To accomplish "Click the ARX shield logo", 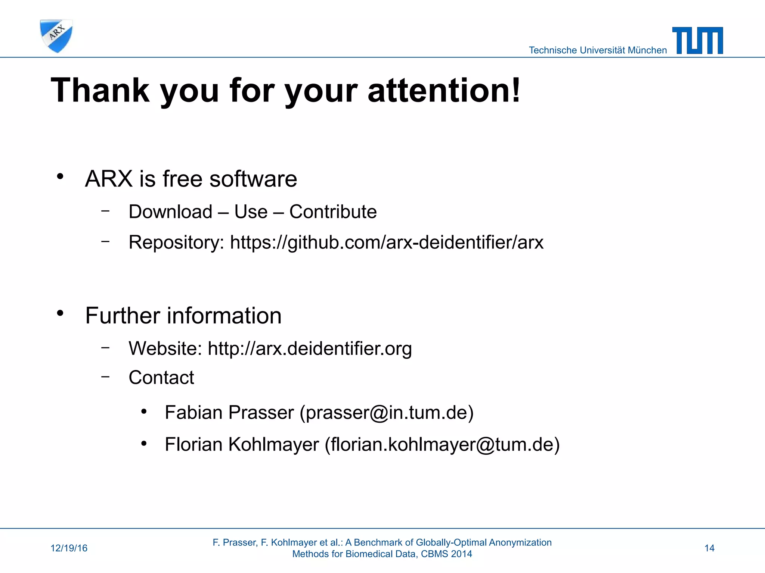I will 56,36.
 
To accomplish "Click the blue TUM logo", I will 697,40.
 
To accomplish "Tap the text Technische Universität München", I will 598,50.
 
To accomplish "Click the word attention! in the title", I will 444,90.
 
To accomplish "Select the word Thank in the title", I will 100,90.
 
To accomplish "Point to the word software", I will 253,179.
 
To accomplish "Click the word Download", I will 170,212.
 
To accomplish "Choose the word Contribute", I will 333,212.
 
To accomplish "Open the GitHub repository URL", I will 387,242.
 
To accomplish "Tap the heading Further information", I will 183,316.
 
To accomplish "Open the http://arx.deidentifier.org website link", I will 310,348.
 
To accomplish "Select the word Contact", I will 161,378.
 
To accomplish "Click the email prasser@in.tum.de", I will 387,413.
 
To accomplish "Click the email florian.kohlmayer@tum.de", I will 442,445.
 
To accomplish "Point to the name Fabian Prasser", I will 229,413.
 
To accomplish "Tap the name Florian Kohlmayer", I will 242,445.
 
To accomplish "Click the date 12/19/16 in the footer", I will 69,548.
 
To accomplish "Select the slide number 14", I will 709,548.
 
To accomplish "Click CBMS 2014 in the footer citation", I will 446,554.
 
